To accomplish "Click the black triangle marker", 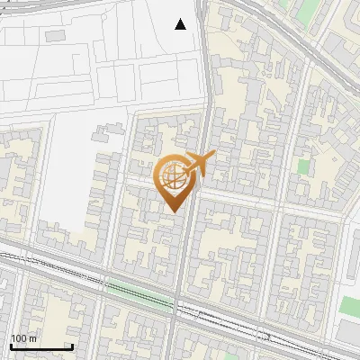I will (181, 24).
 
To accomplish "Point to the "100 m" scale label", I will (24, 338).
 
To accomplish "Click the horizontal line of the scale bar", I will (41, 346).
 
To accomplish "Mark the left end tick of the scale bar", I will (11, 345).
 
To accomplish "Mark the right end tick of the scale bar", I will (72, 345).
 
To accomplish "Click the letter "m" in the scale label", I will (33, 338).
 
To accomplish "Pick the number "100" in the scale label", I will (20, 338).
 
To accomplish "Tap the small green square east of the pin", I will (303, 166).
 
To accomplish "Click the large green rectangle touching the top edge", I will (309, 11).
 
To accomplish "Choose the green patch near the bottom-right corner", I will (349, 306).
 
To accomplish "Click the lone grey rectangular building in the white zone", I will (55, 35).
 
